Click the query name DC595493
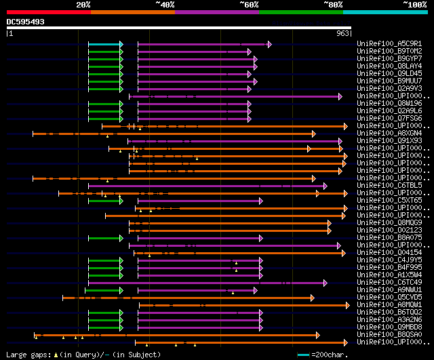click(26, 22)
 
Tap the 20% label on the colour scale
click(83, 4)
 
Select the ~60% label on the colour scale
click(250, 4)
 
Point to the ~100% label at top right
click(414, 4)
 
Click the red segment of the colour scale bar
click(48, 12)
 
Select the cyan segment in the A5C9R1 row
click(104, 44)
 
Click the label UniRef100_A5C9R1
click(389, 44)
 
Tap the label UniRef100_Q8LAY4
click(389, 66)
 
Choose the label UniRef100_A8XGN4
click(389, 134)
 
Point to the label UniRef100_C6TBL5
click(389, 186)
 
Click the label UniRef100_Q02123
click(389, 231)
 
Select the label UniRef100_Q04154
click(389, 253)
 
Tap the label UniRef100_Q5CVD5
click(389, 298)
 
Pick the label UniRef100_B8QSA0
click(389, 335)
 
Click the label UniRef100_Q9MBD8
click(389, 327)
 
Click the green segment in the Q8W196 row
click(104, 104)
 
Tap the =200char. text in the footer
click(327, 355)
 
